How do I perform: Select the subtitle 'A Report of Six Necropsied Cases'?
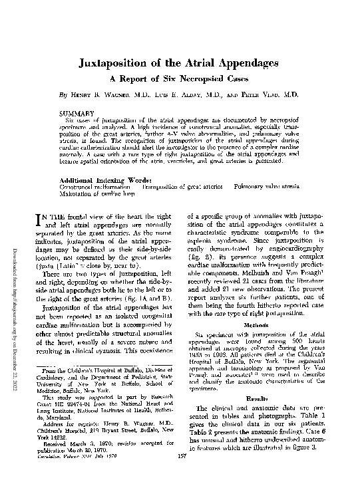pyautogui.click(x=179, y=78)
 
